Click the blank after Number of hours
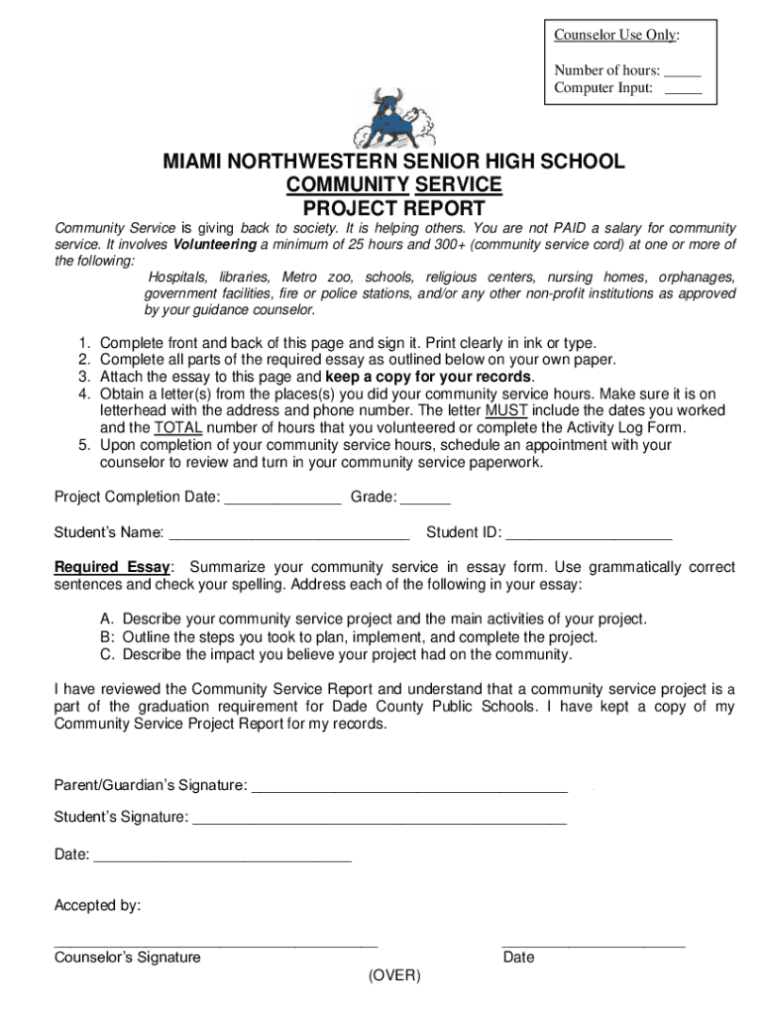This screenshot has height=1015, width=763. (682, 71)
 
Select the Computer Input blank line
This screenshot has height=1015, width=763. (682, 89)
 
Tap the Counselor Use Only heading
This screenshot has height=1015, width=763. (616, 36)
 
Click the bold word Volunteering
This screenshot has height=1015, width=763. (214, 245)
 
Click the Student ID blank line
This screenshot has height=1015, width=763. (589, 533)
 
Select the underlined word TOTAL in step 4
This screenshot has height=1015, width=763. (178, 428)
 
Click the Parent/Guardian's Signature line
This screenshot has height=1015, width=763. (409, 786)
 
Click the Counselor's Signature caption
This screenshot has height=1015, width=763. (127, 958)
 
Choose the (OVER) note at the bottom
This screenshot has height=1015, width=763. (393, 976)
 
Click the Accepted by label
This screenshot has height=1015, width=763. (97, 905)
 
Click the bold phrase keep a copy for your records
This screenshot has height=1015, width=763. (429, 377)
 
